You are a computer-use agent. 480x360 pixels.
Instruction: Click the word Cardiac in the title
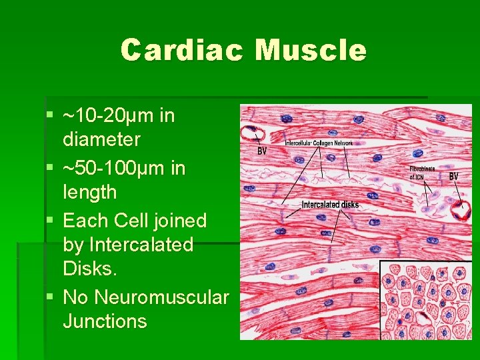[x=182, y=51]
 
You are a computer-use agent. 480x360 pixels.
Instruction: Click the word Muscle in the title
[x=311, y=51]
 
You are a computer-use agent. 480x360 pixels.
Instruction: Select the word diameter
[x=101, y=140]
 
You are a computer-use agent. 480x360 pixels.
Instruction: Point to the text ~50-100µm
[x=115, y=168]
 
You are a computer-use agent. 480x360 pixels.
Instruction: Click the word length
[x=89, y=193]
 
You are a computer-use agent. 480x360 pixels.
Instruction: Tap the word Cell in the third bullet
[x=137, y=220]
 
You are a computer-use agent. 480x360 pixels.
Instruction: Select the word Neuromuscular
[x=162, y=296]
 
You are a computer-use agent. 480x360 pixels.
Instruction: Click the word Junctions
[x=105, y=321]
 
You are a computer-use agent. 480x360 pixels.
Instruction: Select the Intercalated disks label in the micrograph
[x=330, y=204]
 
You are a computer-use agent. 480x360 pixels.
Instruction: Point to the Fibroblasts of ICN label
[x=422, y=173]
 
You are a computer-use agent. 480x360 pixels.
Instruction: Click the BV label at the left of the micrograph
[x=263, y=151]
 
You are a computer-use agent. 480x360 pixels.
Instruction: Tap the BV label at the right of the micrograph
[x=453, y=176]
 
